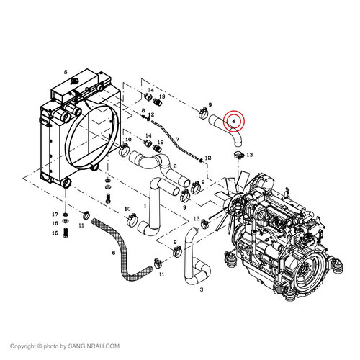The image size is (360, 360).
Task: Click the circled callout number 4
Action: coord(233,121)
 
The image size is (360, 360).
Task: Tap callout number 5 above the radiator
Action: coord(66,72)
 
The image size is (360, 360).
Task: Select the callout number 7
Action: coord(177,139)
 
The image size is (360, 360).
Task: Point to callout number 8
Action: coord(143,110)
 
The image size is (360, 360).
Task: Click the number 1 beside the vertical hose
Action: coord(145,206)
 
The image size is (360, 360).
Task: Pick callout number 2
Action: coord(175,166)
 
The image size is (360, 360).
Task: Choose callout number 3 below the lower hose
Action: coord(202,289)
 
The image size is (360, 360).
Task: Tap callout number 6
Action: coord(114,253)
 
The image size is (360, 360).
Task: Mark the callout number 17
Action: coord(55,215)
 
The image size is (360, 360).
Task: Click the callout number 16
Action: coord(55,223)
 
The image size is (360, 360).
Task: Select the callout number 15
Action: coord(55,233)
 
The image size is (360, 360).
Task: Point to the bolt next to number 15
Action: coord(66,233)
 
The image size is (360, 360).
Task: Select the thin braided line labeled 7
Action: coord(174,139)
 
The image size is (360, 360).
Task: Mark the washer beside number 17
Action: coord(65,214)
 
